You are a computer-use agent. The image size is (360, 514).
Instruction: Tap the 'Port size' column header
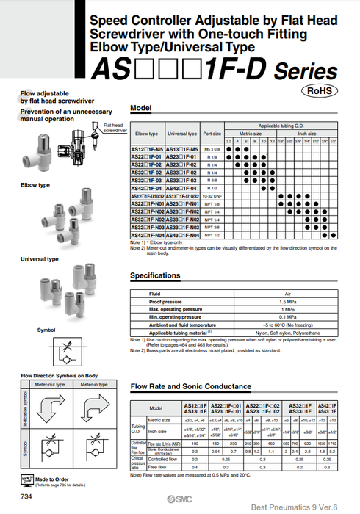pos(212,134)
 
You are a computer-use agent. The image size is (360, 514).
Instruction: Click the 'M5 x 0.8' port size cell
pos(212,149)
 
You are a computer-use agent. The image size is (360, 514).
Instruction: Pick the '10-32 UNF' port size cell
pos(212,196)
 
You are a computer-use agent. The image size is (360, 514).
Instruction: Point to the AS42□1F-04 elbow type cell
pos(146,188)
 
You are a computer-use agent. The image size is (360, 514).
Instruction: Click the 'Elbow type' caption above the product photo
pos(35,185)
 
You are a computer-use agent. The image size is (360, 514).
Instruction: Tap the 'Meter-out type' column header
pos(51,384)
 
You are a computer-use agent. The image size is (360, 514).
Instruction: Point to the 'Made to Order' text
pos(51,477)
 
